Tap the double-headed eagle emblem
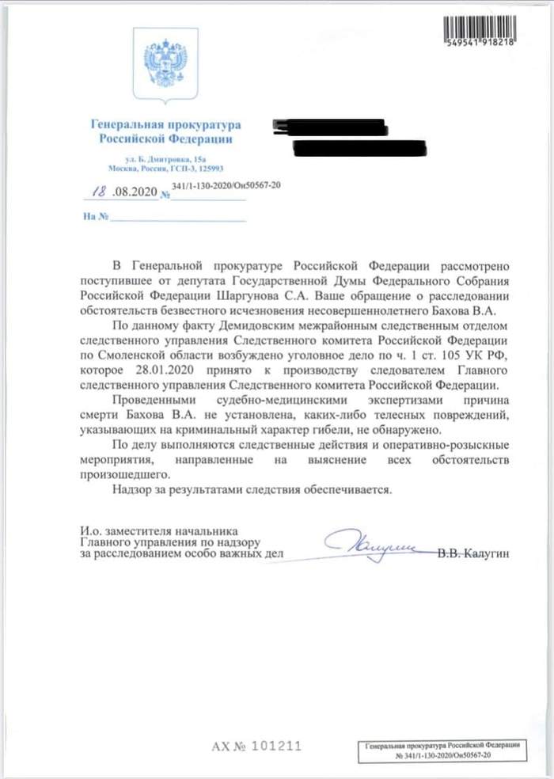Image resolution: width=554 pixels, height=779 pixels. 165,63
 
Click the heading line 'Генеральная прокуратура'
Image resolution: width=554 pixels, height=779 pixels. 165,125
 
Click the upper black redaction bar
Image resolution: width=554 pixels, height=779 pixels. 329,127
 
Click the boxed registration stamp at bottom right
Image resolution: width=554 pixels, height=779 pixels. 440,751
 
